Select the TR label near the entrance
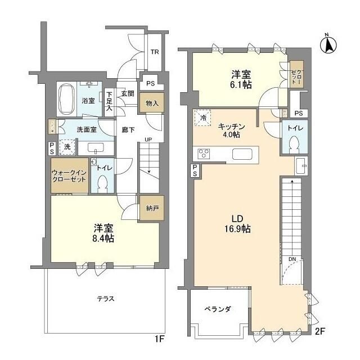click(x=154, y=53)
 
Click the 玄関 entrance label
click(x=127, y=94)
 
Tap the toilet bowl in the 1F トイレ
click(x=102, y=183)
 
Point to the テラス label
click(x=105, y=299)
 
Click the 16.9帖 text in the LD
click(x=239, y=229)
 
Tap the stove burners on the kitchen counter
click(x=203, y=154)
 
